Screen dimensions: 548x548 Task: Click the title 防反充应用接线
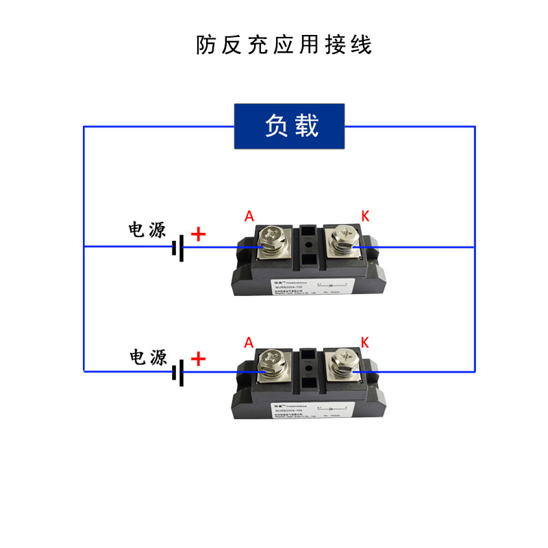(284, 45)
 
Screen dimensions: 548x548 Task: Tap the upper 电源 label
(148, 229)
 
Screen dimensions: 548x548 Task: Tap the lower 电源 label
(148, 357)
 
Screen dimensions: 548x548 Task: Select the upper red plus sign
(198, 235)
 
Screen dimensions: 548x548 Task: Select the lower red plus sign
(198, 359)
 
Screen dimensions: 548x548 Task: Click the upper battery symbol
(178, 247)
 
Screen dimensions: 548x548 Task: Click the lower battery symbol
(178, 372)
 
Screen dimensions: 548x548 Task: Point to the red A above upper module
(249, 216)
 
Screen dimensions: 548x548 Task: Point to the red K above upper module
(365, 216)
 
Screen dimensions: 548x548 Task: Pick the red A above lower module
(249, 342)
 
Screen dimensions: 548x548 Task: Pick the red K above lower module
(364, 342)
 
